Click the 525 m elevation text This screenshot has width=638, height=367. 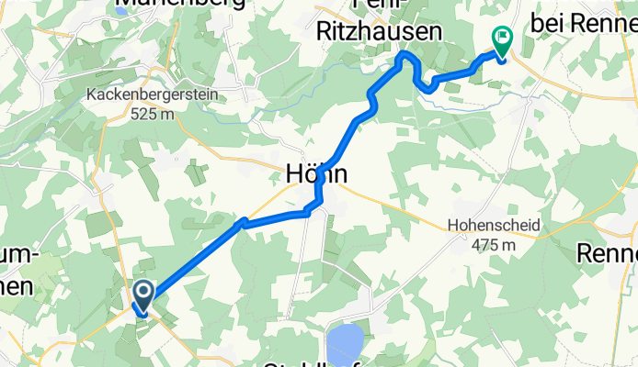click(153, 114)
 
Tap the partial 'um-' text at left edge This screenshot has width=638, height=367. click(20, 259)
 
